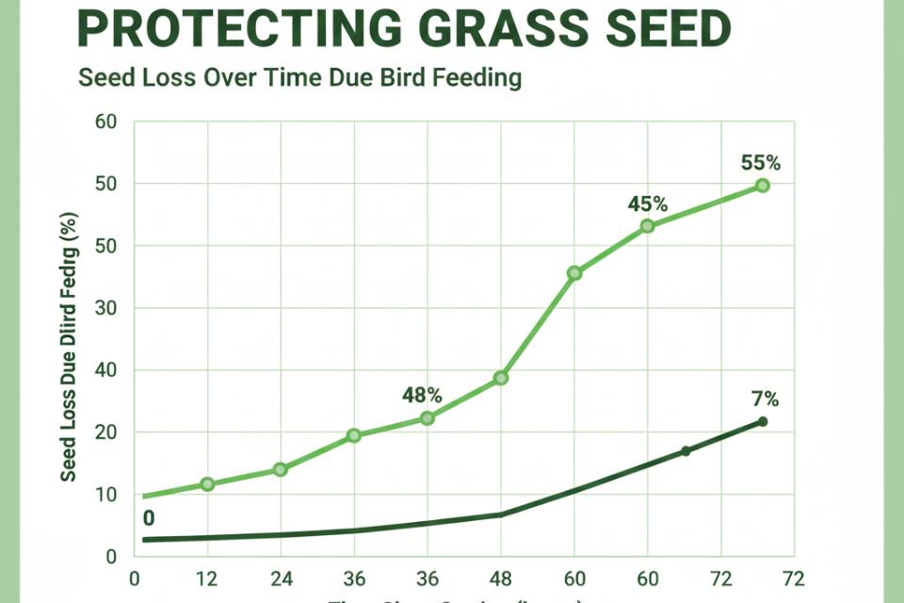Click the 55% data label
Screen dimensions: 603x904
761,163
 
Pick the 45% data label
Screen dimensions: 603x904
648,204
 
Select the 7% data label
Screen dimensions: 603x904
766,399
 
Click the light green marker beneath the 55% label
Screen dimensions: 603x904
762,186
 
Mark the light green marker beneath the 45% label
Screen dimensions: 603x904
647,226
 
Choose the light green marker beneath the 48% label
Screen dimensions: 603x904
427,417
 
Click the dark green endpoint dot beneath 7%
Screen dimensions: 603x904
762,421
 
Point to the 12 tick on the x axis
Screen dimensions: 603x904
207,578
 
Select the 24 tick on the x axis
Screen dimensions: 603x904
281,578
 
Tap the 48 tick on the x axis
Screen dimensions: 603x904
501,578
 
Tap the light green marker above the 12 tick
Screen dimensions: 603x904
207,484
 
